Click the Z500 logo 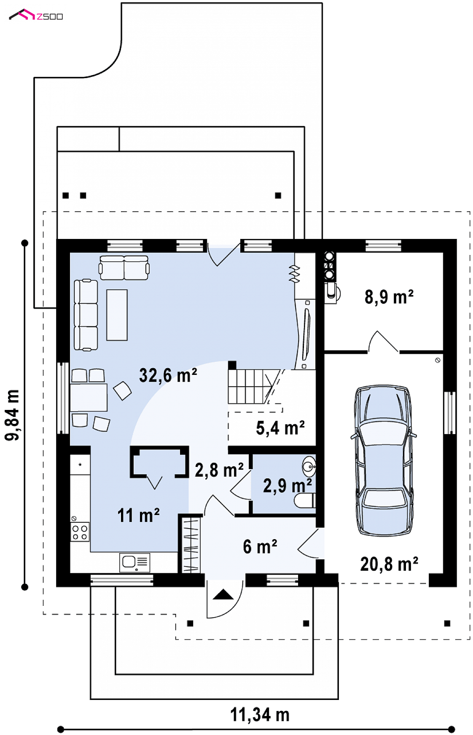[x=36, y=16]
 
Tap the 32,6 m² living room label [x=168, y=375]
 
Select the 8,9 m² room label [x=389, y=297]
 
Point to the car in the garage [x=383, y=460]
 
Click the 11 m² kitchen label [x=138, y=515]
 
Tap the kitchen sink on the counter [x=134, y=562]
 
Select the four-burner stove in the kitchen [x=80, y=532]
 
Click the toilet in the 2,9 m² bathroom [x=305, y=501]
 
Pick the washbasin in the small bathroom [x=309, y=466]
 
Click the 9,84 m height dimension [x=13, y=415]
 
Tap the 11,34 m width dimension [x=260, y=715]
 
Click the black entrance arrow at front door [x=223, y=595]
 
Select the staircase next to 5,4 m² [x=251, y=386]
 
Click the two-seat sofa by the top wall [x=124, y=267]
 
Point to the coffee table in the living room [x=117, y=315]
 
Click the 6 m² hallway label [x=260, y=547]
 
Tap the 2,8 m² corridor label [x=219, y=470]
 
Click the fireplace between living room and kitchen [x=159, y=462]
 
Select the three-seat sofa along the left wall [x=86, y=315]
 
